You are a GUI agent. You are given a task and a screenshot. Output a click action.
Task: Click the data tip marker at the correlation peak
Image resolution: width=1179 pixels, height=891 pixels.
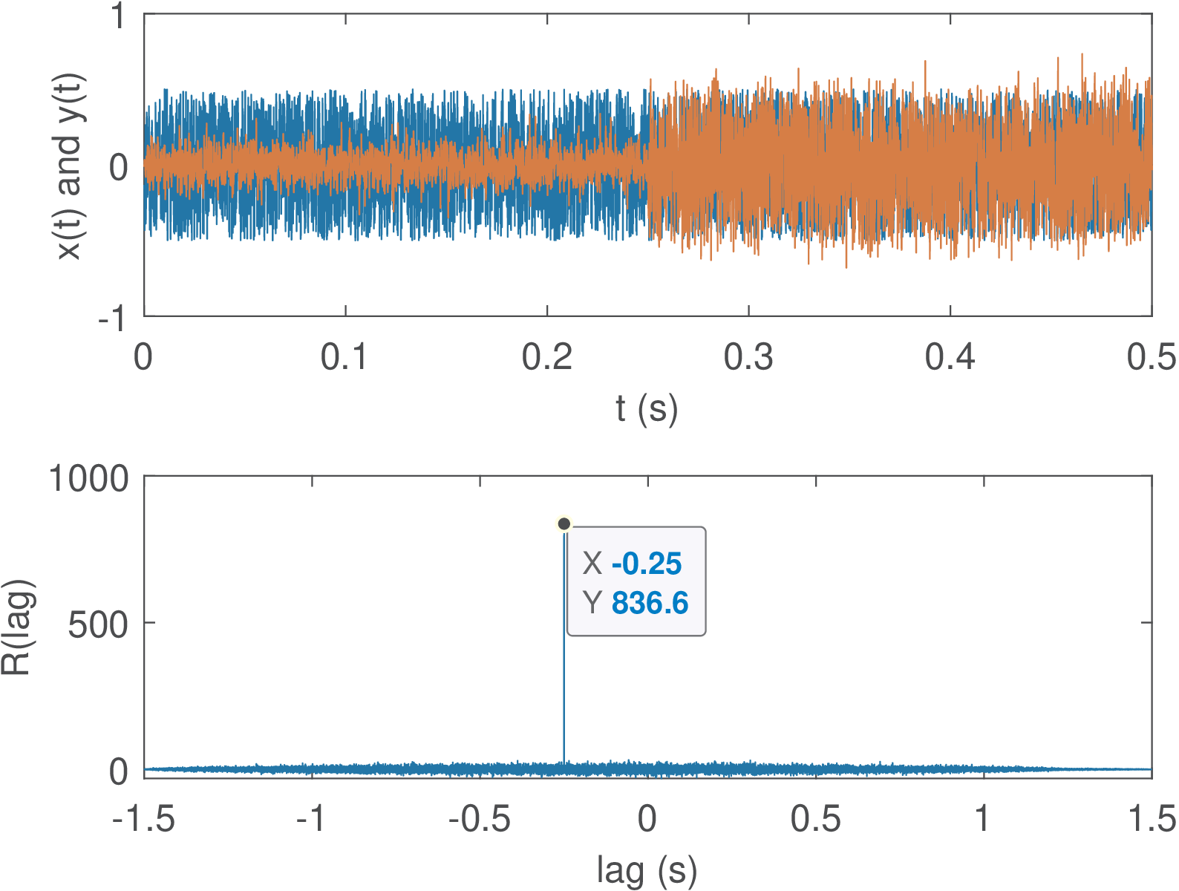point(564,524)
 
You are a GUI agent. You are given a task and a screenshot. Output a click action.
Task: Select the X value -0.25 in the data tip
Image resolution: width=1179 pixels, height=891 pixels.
point(646,564)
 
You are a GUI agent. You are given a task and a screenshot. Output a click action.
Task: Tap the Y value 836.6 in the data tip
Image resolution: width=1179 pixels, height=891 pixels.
point(650,603)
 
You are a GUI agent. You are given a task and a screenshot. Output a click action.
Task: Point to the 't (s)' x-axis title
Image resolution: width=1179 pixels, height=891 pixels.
point(647,408)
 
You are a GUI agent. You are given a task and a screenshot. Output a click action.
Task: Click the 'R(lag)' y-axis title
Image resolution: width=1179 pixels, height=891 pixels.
point(16,627)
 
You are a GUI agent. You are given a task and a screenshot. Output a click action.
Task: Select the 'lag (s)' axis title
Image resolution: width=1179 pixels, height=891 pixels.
point(647,869)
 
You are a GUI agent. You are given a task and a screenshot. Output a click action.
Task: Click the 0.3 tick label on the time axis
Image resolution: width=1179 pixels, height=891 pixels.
point(748,357)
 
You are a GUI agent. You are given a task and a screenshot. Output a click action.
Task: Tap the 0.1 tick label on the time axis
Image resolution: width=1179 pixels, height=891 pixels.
point(345,357)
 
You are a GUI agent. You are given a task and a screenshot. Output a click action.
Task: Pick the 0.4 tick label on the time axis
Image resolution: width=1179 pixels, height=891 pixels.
point(950,357)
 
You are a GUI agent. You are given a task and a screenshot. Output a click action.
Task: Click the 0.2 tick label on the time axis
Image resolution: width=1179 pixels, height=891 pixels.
point(546,357)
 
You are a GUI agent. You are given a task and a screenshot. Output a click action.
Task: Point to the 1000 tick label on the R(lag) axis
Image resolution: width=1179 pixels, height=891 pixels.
point(88,479)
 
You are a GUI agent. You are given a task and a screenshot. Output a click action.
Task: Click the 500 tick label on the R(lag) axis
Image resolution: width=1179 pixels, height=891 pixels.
point(99,624)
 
